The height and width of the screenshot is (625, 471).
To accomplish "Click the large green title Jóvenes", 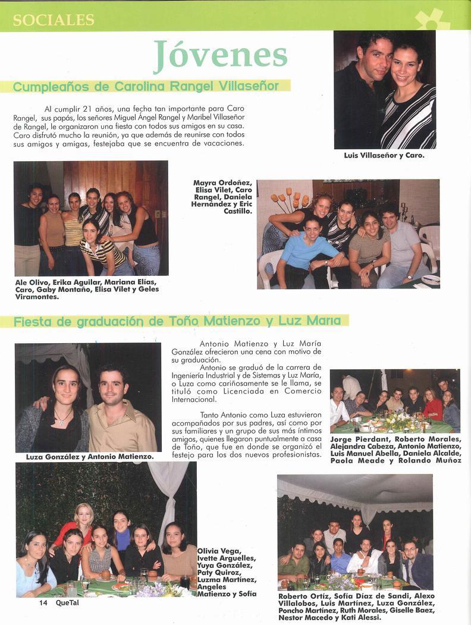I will [220, 55].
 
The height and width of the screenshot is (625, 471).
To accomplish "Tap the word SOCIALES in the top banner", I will [54, 20].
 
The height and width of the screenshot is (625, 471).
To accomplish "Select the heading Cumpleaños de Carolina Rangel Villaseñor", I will [146, 86].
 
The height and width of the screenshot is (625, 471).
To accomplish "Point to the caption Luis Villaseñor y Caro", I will [384, 156].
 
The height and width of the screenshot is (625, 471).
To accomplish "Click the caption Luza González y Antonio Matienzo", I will [90, 457].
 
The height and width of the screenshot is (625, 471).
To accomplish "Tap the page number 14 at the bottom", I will [43, 602].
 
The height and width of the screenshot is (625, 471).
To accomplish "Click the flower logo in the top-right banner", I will [432, 20].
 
